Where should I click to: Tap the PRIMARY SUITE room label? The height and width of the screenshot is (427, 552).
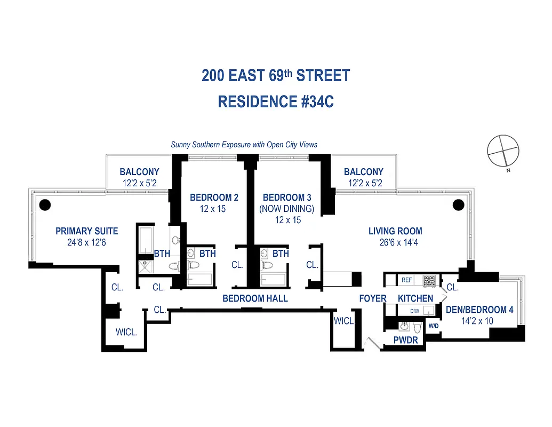tap(87, 231)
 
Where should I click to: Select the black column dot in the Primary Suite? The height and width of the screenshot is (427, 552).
tap(45, 203)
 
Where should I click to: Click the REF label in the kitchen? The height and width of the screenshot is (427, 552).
tap(407, 280)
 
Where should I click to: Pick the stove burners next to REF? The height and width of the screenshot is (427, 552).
tap(429, 280)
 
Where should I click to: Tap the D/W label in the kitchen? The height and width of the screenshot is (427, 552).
tap(414, 311)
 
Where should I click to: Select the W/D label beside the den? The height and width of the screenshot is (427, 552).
tap(433, 326)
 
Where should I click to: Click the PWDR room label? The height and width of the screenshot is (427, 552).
tap(406, 340)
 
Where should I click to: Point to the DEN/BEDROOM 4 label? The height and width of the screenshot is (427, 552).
tap(479, 310)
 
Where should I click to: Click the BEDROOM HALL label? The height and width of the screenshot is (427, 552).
tap(255, 298)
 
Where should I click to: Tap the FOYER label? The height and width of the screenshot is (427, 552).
tap(372, 298)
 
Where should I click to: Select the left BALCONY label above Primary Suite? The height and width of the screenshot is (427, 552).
tap(139, 172)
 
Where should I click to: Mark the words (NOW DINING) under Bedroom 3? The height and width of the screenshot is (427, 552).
tap(286, 209)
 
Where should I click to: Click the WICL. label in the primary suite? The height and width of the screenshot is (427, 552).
tap(126, 332)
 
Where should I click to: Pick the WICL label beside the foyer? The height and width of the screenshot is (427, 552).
tap(343, 321)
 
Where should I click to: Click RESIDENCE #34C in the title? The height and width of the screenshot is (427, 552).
tap(276, 101)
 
